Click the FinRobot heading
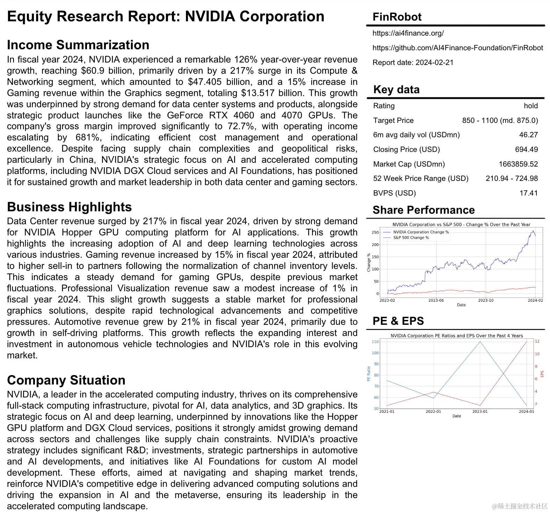[x=397, y=17]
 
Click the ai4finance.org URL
[x=408, y=33]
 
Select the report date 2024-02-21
[x=434, y=63]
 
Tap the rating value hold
[x=530, y=106]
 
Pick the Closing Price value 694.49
[x=526, y=149]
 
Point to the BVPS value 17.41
[x=528, y=193]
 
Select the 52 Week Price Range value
[x=512, y=178]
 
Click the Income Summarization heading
[x=78, y=45]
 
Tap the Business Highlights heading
[x=69, y=207]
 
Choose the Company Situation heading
[x=66, y=380]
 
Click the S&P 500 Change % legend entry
[x=411, y=237]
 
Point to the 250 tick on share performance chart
[x=375, y=232]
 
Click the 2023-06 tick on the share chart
[x=436, y=300]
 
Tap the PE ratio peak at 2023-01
[x=480, y=342]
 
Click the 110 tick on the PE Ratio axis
[x=375, y=342]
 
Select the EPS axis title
[x=542, y=374]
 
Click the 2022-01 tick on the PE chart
[x=433, y=411]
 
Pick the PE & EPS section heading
[x=398, y=321]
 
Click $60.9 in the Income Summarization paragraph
[x=93, y=71]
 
